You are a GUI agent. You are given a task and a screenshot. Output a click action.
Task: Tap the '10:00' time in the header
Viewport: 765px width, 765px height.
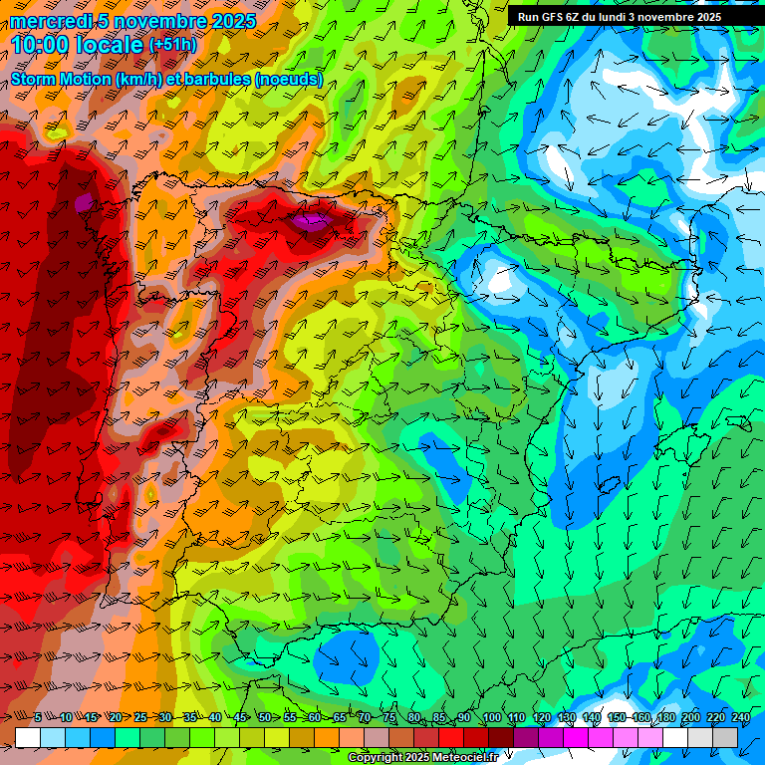click(x=42, y=45)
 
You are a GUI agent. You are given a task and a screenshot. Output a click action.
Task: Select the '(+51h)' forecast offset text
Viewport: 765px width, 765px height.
click(x=172, y=45)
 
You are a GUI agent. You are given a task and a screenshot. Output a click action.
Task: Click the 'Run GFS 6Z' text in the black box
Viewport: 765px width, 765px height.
click(x=552, y=17)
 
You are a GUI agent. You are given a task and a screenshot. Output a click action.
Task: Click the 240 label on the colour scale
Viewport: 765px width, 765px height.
click(x=740, y=718)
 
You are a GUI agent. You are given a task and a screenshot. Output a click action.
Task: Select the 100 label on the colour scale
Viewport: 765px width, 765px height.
click(x=491, y=718)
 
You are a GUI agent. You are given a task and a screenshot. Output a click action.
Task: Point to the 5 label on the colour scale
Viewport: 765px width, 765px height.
click(x=38, y=718)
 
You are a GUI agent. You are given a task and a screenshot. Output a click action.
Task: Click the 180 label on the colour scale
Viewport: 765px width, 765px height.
click(x=665, y=718)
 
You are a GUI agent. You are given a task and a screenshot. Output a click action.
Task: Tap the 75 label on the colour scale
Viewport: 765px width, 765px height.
click(x=389, y=718)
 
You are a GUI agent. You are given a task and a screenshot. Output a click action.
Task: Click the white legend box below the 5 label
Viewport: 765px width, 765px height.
click(x=28, y=737)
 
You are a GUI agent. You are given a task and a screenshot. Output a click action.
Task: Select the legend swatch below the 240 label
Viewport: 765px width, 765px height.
click(x=725, y=737)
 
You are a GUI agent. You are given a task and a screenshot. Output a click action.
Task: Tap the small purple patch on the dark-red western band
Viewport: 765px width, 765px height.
click(x=84, y=202)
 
